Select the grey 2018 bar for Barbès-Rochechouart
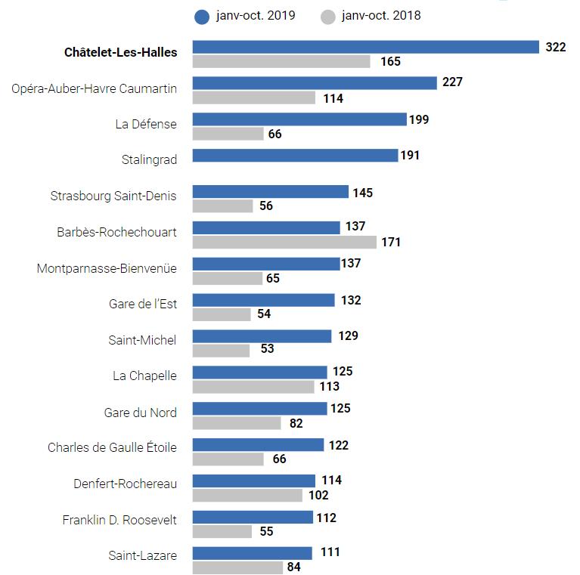[284, 242]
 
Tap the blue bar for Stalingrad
[295, 155]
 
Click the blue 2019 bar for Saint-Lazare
[252, 553]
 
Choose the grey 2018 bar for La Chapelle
[253, 387]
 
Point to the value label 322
[555, 47]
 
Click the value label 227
[452, 82]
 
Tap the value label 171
[391, 243]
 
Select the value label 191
[409, 155]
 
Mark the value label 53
[266, 349]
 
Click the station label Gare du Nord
[141, 413]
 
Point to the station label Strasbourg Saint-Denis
[113, 196]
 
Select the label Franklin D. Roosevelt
[119, 521]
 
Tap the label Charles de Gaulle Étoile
[112, 447]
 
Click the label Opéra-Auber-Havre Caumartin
[95, 89]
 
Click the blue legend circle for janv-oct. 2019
[202, 16]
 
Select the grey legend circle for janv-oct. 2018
[327, 16]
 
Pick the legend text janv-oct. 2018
[381, 15]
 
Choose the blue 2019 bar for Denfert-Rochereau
[253, 481]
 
